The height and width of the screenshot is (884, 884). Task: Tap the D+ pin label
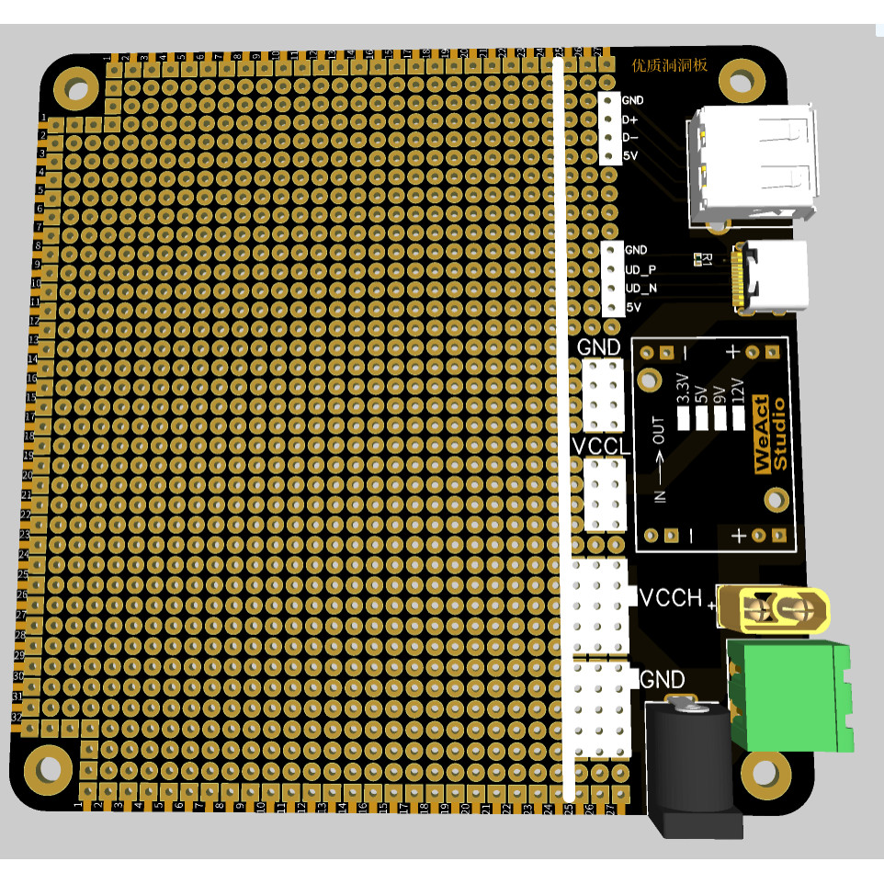click(x=629, y=119)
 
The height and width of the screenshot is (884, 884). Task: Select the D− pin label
click(x=629, y=138)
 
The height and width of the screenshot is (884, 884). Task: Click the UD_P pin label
click(x=640, y=269)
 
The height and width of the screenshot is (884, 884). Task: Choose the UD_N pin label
click(x=640, y=289)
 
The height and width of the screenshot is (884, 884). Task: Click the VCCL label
click(x=602, y=447)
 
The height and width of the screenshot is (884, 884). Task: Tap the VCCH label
click(x=671, y=598)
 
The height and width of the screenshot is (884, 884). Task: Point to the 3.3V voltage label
click(x=683, y=389)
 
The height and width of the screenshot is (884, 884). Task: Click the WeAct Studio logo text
click(x=771, y=435)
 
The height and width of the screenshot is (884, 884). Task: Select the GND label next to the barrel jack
click(x=662, y=680)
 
